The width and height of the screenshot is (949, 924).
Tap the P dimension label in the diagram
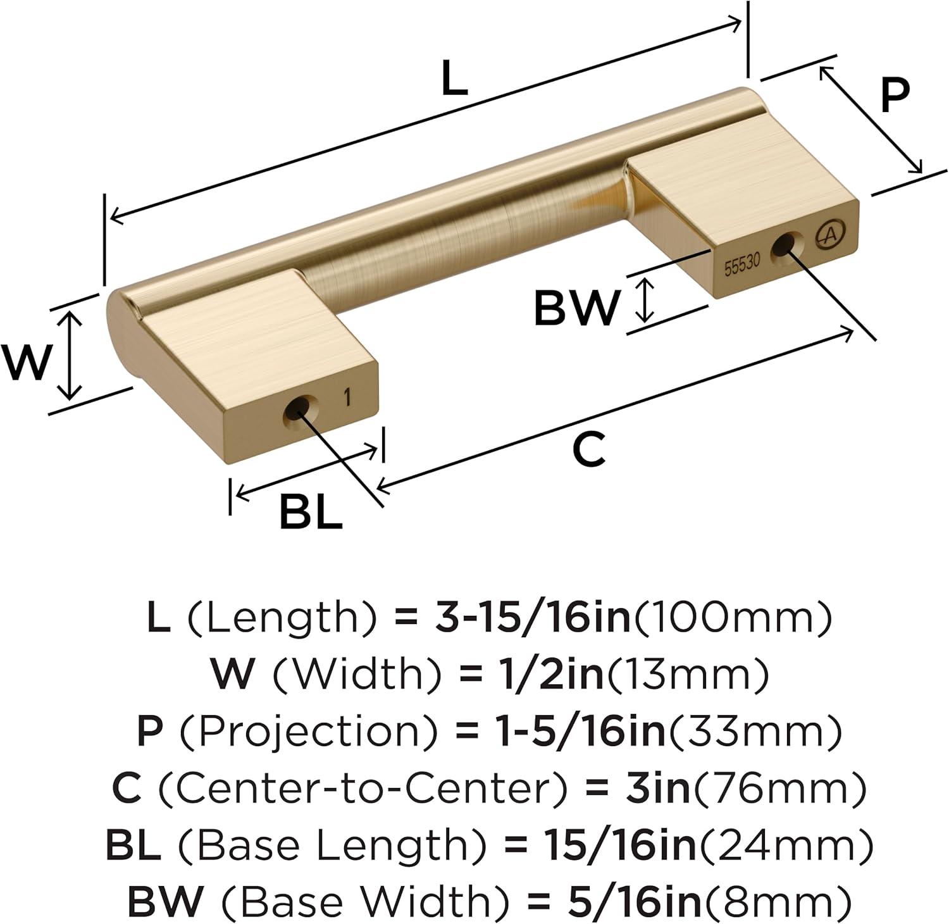coord(895,96)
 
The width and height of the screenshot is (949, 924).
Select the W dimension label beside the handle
coord(25,363)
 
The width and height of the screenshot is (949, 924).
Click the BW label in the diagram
coord(575,308)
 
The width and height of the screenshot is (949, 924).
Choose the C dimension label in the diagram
coord(588,450)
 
